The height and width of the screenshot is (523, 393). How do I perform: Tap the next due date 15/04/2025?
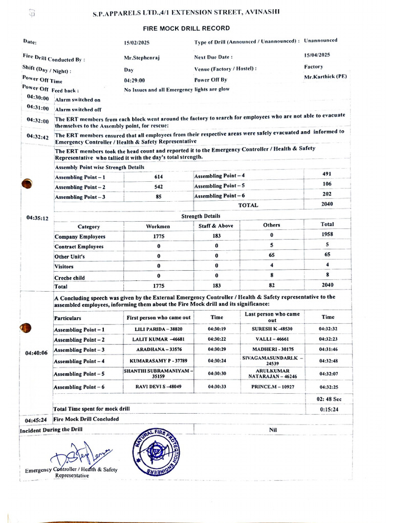[317, 55]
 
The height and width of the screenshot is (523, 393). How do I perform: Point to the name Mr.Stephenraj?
[142, 58]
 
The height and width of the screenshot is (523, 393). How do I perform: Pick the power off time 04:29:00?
[135, 81]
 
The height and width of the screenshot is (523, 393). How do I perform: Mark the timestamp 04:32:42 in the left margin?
[37, 137]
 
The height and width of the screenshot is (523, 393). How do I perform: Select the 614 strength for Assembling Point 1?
[159, 176]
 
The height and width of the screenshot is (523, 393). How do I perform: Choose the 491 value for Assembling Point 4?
[327, 174]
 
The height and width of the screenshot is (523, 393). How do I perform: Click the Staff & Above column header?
[216, 225]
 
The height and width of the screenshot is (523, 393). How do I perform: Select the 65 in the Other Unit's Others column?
[271, 256]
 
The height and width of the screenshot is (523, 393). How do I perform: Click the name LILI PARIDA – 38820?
[158, 329]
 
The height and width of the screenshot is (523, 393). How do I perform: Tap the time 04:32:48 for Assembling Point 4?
[327, 361]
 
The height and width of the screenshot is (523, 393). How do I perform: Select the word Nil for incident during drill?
[273, 430]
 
